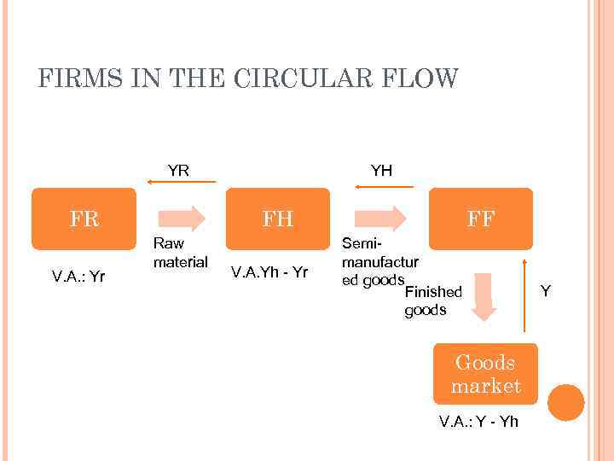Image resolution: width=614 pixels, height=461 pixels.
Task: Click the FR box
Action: click(84, 219)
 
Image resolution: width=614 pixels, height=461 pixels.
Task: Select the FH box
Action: click(278, 219)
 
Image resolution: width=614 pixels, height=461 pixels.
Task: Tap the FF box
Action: click(481, 219)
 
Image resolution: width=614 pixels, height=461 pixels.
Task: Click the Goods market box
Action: click(486, 374)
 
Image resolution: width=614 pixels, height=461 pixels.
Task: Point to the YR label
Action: click(178, 170)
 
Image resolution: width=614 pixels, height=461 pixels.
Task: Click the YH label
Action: click(381, 170)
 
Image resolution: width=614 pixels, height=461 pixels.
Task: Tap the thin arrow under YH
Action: click(384, 182)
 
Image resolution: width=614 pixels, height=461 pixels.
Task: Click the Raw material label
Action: click(180, 252)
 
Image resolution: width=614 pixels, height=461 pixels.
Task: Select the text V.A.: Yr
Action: click(79, 276)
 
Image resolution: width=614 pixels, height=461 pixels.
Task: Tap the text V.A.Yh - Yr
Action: click(269, 272)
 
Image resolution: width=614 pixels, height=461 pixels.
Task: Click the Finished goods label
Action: click(432, 301)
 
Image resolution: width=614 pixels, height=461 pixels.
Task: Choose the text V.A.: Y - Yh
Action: click(478, 421)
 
